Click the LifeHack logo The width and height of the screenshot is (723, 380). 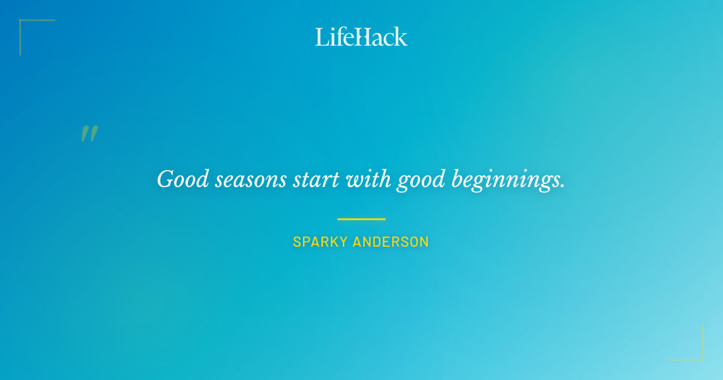[361, 37]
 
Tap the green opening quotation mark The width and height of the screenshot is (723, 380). [89, 134]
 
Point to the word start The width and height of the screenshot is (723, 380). [316, 180]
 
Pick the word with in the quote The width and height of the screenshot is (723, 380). [369, 180]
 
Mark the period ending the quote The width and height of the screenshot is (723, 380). [563, 187]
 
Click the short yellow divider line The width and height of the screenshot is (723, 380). [361, 219]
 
